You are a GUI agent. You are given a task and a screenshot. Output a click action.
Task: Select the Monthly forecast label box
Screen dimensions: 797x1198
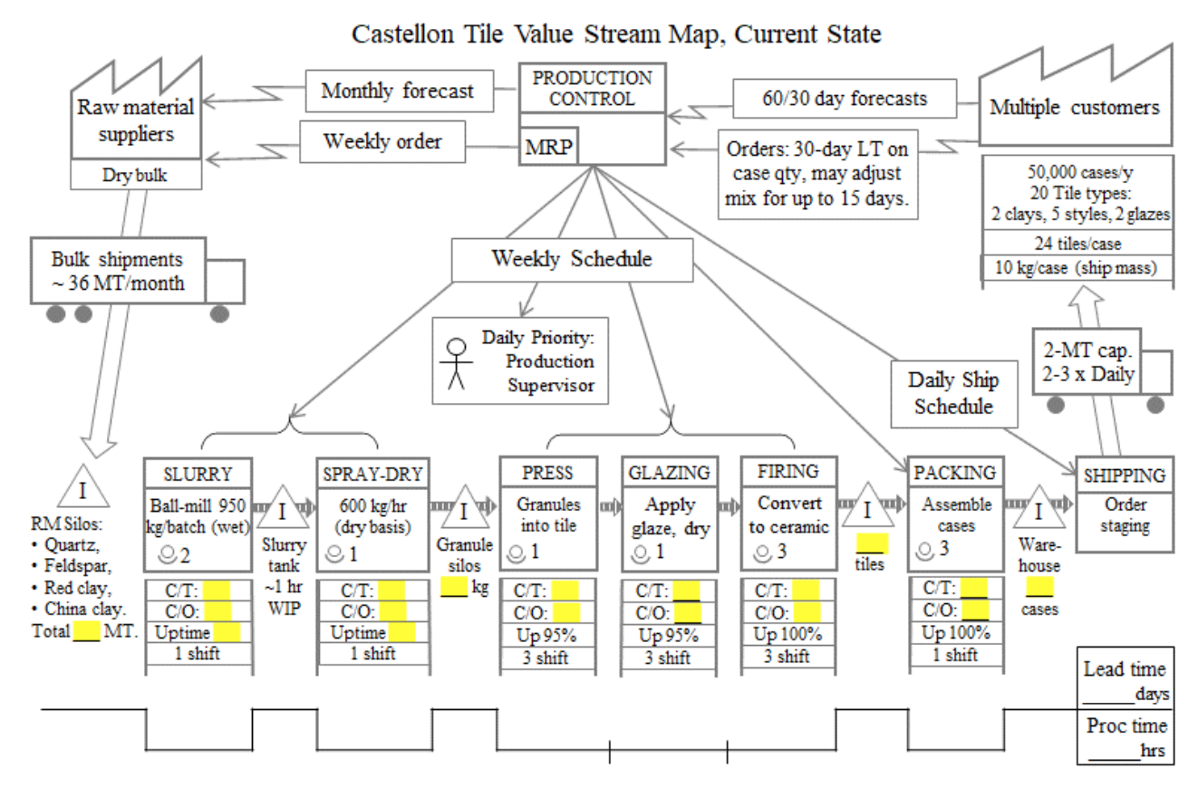(x=398, y=91)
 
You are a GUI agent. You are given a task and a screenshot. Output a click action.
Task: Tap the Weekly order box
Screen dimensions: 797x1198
(x=382, y=142)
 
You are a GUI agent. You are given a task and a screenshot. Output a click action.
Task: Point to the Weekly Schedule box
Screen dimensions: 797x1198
(x=571, y=259)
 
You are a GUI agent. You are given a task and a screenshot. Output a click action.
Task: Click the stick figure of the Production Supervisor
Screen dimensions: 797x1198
(x=457, y=363)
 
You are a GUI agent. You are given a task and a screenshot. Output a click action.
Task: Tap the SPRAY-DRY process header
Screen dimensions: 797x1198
(x=372, y=473)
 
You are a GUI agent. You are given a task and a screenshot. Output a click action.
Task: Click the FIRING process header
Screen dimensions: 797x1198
(x=786, y=472)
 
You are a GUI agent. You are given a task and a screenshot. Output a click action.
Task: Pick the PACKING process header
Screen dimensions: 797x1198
(x=955, y=473)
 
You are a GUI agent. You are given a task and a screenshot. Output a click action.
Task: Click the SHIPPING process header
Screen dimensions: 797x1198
(x=1125, y=475)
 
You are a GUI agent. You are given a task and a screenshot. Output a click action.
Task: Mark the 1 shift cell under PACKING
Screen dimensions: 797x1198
(x=955, y=654)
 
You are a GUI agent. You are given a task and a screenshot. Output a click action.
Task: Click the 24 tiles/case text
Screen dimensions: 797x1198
(x=1077, y=243)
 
